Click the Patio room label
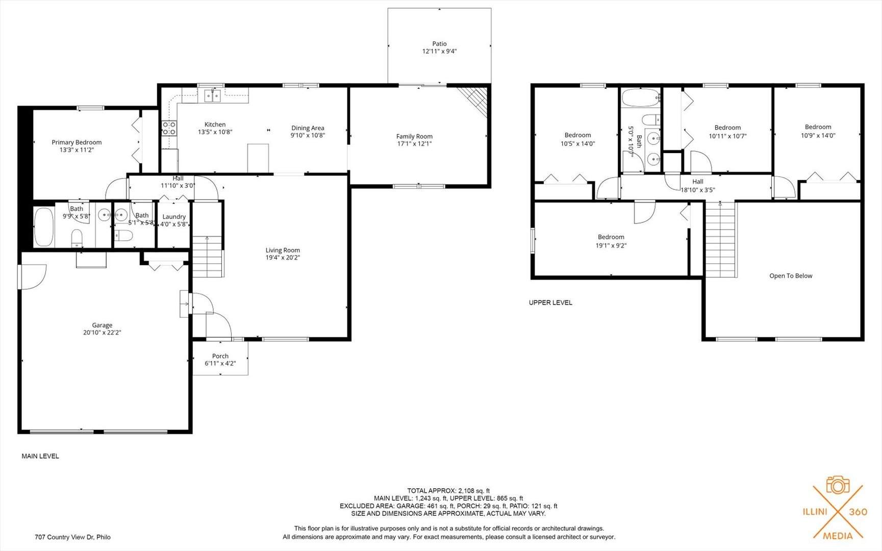(x=439, y=44)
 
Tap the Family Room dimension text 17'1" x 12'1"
(x=414, y=144)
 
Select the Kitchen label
(x=215, y=124)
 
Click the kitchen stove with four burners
(x=169, y=128)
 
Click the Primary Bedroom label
(x=77, y=142)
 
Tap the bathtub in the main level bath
(x=44, y=227)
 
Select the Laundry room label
(x=174, y=217)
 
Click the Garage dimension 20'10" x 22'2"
(x=102, y=333)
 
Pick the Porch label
(x=220, y=356)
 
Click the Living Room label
(x=283, y=250)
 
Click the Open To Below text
(x=791, y=276)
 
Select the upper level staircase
(x=721, y=240)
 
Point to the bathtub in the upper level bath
(x=641, y=98)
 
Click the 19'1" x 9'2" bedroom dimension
(x=611, y=245)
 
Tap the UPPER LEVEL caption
(x=550, y=303)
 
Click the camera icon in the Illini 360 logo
(x=838, y=485)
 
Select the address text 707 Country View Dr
(x=72, y=537)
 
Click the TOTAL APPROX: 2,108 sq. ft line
(x=448, y=491)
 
